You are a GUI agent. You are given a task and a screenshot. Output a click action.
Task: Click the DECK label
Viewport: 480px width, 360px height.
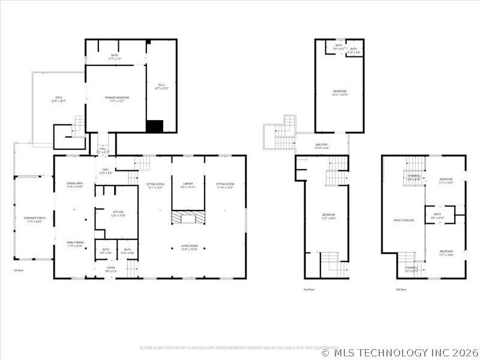59,99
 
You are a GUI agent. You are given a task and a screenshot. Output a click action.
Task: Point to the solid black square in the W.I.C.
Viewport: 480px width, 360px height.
155,126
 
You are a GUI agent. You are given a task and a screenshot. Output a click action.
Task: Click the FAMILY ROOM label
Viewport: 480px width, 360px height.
74,244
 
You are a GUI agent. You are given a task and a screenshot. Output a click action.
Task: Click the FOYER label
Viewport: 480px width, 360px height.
111,269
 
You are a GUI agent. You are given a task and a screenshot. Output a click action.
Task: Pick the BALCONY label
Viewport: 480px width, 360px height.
322,146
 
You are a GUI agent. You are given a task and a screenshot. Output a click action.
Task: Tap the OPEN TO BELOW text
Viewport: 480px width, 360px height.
404,220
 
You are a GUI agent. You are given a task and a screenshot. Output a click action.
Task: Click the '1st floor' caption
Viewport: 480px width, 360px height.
19,270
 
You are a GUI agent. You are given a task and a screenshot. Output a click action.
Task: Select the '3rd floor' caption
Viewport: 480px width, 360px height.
400,289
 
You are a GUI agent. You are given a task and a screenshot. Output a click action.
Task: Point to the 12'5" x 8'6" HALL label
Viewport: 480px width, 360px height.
106,172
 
